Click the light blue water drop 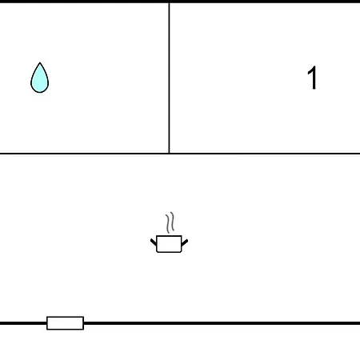pyautogui.click(x=40, y=78)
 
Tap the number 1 pyautogui.click(x=312, y=78)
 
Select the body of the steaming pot pyautogui.click(x=169, y=244)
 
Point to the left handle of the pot pyautogui.click(x=154, y=242)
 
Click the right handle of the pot pyautogui.click(x=185, y=242)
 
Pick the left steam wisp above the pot pyautogui.click(x=168, y=223)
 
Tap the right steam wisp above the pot pyautogui.click(x=172, y=222)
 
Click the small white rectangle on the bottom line pyautogui.click(x=66, y=323)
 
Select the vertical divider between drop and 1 pyautogui.click(x=169, y=78)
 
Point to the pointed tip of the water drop pyautogui.click(x=40, y=63)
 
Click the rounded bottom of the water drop pyautogui.click(x=40, y=92)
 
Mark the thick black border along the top pyautogui.click(x=180, y=2)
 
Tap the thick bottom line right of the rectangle pyautogui.click(x=222, y=323)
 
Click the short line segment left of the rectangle pyautogui.click(x=23, y=323)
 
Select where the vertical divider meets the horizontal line pyautogui.click(x=169, y=154)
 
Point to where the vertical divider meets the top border pyautogui.click(x=169, y=2)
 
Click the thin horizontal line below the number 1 pyautogui.click(x=265, y=154)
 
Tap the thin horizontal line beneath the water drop pyautogui.click(x=85, y=154)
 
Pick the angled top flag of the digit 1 pyautogui.click(x=310, y=70)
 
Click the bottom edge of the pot pyautogui.click(x=169, y=252)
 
